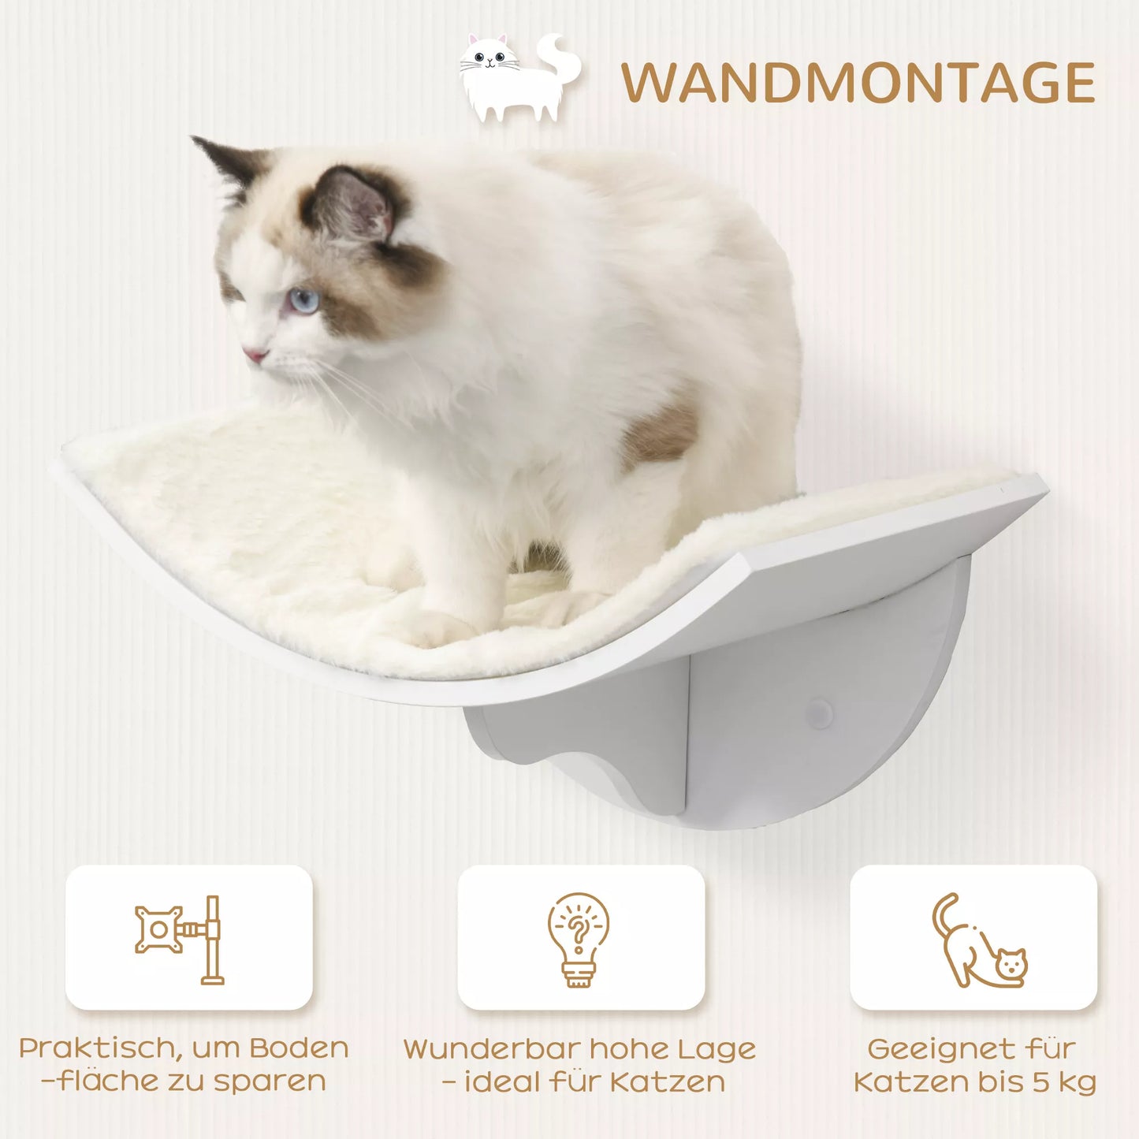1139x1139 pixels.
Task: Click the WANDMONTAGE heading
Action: (x=858, y=83)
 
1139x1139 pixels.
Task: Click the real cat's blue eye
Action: (x=304, y=300)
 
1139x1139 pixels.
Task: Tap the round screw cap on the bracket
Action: (x=819, y=714)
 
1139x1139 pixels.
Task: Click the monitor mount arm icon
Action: (x=180, y=938)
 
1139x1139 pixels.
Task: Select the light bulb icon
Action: (x=579, y=938)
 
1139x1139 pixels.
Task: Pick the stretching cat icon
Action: (x=978, y=942)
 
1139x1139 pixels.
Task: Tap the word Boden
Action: (x=300, y=1048)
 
